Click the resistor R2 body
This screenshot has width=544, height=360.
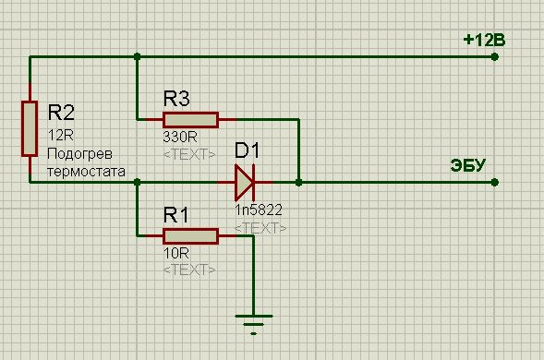[30, 128]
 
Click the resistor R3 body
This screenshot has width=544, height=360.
[191, 120]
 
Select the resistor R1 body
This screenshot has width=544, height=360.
[191, 236]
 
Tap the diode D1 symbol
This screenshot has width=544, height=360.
[245, 182]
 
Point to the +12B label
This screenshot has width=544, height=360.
[484, 41]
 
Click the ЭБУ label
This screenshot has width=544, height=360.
[467, 165]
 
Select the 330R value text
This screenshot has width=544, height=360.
[180, 138]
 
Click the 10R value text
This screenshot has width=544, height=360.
[176, 254]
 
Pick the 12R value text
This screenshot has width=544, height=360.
[61, 136]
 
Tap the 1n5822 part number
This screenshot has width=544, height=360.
[259, 210]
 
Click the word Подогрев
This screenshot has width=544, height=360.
[79, 154]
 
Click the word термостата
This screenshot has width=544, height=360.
[87, 172]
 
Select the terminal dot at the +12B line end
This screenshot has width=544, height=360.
[495, 56]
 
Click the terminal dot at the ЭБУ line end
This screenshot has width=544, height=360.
[495, 182]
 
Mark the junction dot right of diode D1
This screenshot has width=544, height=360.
[298, 182]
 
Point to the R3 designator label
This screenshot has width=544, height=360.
[176, 99]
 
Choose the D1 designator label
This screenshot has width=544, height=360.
[247, 150]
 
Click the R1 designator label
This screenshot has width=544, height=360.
[175, 215]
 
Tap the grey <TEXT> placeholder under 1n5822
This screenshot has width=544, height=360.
[260, 228]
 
